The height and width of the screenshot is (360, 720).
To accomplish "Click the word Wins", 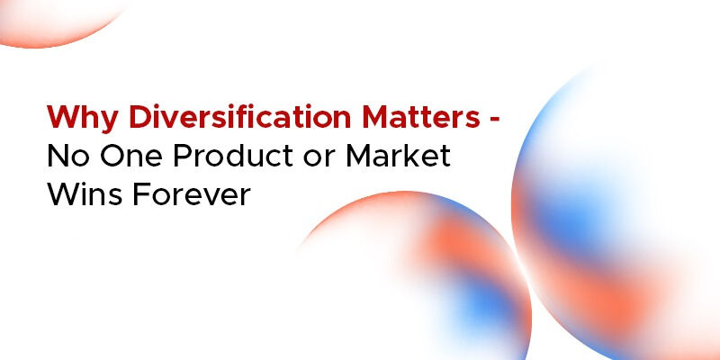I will pyautogui.click(x=88, y=195).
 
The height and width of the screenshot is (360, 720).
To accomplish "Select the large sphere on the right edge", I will pyautogui.click(x=621, y=216).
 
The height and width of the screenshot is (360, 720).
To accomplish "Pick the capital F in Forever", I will pyautogui.click(x=148, y=195).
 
